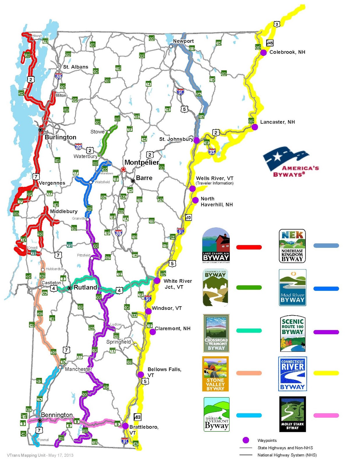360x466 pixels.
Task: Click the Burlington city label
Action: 60,137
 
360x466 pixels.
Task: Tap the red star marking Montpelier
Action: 123,170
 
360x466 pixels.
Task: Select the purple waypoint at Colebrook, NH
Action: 263,52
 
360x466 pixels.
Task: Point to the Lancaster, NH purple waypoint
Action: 255,127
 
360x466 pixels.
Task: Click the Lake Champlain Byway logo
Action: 216,245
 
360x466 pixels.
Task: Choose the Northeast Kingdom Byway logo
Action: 292,246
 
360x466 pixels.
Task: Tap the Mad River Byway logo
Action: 292,287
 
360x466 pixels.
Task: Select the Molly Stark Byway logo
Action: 292,414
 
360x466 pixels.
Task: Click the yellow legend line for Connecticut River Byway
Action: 326,373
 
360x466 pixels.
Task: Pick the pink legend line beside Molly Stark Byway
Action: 326,415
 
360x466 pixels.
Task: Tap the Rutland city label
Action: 85,287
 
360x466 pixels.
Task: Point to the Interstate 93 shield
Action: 212,151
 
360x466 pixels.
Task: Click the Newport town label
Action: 183,41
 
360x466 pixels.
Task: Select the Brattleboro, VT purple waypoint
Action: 125,426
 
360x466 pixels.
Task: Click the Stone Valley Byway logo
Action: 215,374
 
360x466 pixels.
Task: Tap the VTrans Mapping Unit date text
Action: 40,455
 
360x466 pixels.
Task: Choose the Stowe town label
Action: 97,132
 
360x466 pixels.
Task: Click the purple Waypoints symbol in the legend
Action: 246,440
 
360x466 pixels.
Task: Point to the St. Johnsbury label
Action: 176,139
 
